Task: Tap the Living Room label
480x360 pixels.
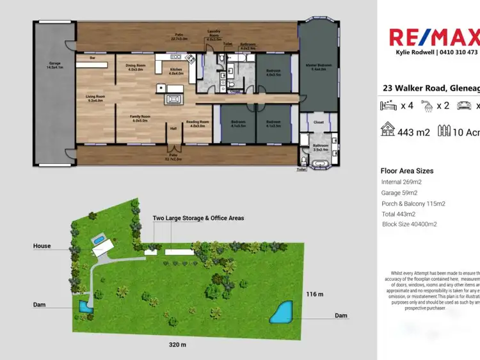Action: (x=95, y=98)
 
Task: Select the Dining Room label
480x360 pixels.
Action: (x=134, y=67)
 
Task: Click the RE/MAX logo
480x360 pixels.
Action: (x=434, y=38)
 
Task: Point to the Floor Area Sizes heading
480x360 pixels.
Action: (x=407, y=171)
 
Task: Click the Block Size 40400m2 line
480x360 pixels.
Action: (x=409, y=224)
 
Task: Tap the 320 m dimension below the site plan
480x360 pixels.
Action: (x=178, y=345)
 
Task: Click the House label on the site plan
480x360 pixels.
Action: (x=42, y=246)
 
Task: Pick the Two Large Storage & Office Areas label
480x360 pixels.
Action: (x=198, y=218)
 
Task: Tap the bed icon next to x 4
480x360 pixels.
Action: (x=388, y=106)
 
